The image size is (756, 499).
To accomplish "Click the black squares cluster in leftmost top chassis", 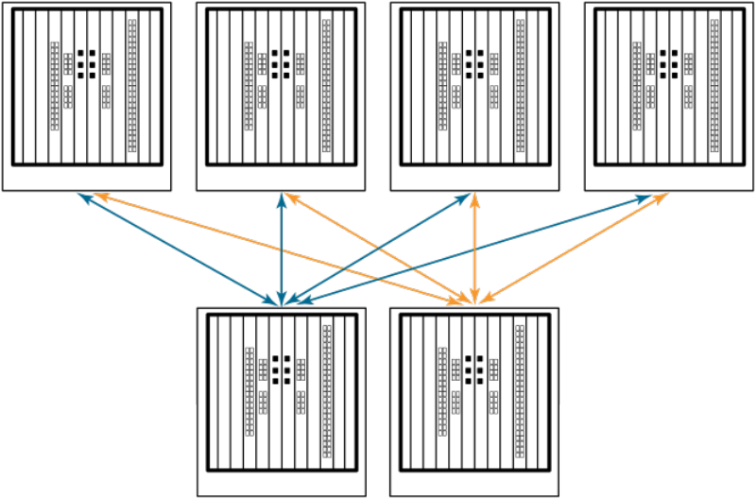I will (x=86, y=63).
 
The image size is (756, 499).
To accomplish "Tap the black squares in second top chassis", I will (x=281, y=63).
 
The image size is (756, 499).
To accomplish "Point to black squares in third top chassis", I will (x=475, y=63).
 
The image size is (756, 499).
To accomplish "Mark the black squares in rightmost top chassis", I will (x=670, y=63).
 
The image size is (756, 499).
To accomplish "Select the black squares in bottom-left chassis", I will (x=281, y=370).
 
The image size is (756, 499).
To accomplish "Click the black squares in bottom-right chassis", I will (x=474, y=370).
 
